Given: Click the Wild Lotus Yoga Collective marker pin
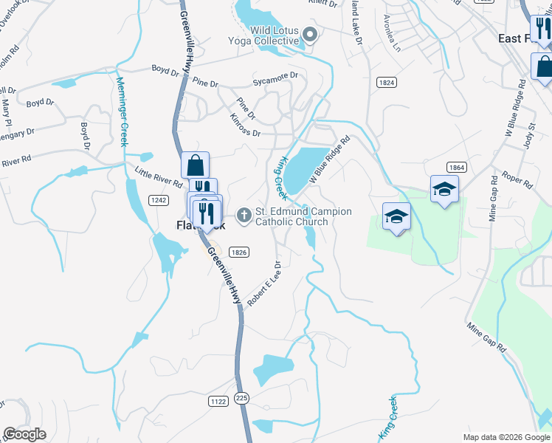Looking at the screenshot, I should (x=311, y=34).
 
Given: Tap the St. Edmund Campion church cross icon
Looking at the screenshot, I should (x=244, y=216).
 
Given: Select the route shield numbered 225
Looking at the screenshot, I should (x=241, y=398).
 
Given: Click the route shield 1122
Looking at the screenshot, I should (x=218, y=401).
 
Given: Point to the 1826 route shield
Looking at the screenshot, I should (x=238, y=252).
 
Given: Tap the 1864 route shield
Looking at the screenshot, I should (x=455, y=168).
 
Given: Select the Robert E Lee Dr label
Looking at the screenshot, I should (x=265, y=284).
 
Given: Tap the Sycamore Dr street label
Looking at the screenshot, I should (x=275, y=77).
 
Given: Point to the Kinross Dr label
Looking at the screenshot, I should (x=245, y=124).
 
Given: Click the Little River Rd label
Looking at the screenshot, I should (x=159, y=177).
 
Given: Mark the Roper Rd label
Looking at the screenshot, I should (x=517, y=179).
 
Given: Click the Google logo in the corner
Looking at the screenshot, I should (x=24, y=433).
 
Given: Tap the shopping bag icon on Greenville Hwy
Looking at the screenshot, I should (x=196, y=164).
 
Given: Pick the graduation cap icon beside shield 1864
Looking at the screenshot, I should (x=444, y=189).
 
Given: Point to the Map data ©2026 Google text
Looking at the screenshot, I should (x=506, y=436).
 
